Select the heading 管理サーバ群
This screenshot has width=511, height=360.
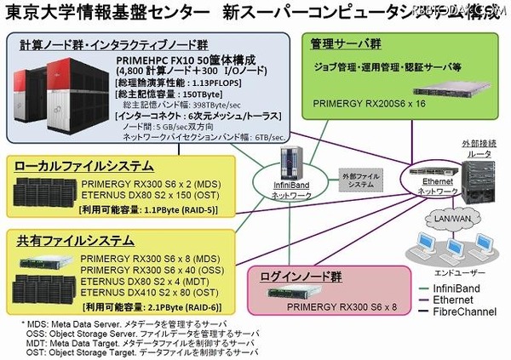click(345, 40)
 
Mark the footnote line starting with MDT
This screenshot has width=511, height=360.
click(136, 343)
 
